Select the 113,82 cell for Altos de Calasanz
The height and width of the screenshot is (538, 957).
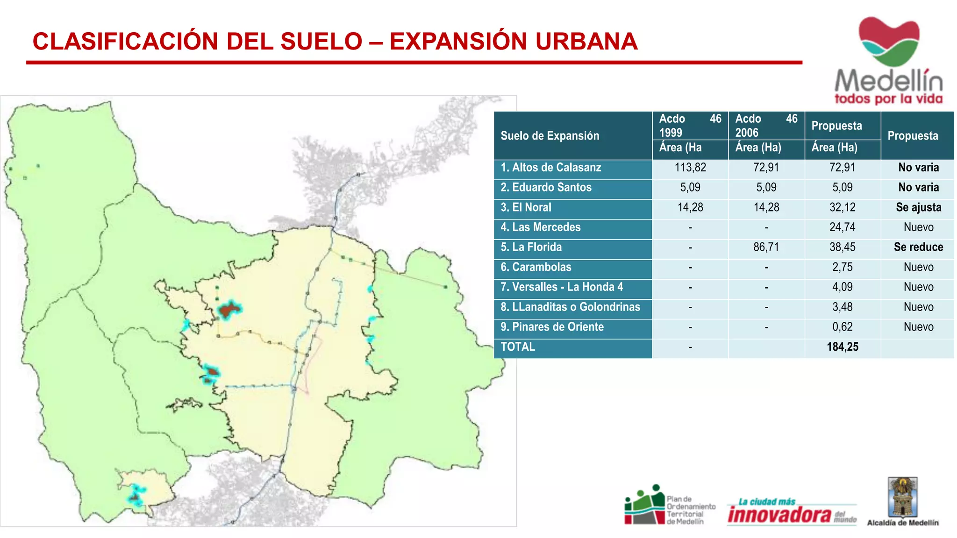690,168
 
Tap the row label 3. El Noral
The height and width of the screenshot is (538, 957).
526,207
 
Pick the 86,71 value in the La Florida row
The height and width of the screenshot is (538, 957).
766,247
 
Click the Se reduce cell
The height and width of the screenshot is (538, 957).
918,247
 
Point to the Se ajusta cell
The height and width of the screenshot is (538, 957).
918,207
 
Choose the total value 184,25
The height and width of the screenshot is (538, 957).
843,347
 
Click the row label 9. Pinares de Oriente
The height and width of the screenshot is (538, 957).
552,327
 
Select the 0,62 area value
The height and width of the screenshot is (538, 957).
842,327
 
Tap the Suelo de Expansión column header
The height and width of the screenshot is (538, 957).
550,136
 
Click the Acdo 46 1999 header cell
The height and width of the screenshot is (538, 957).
690,126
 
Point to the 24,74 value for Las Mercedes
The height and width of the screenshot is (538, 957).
842,227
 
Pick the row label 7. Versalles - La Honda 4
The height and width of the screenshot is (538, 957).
562,287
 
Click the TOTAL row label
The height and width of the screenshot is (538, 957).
518,347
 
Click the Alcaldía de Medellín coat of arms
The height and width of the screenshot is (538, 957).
903,497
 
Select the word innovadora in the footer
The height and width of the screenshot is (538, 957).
779,515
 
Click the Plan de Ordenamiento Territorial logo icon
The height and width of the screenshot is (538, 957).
645,505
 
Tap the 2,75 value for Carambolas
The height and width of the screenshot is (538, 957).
842,267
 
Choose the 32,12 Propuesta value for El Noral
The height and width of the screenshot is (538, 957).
842,207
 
